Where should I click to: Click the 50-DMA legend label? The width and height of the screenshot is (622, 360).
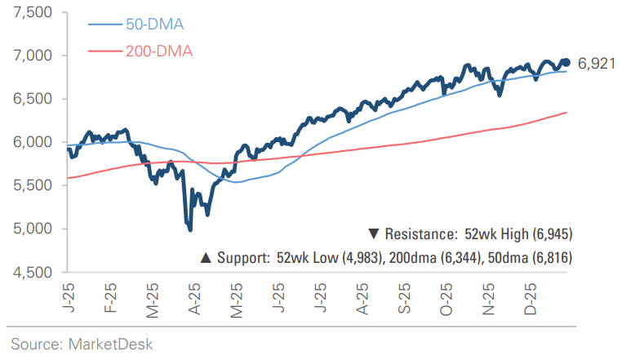[153, 24]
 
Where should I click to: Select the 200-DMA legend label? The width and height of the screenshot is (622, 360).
[158, 52]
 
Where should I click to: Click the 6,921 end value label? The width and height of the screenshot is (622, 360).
[595, 64]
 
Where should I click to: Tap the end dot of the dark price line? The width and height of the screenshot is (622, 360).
[566, 62]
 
